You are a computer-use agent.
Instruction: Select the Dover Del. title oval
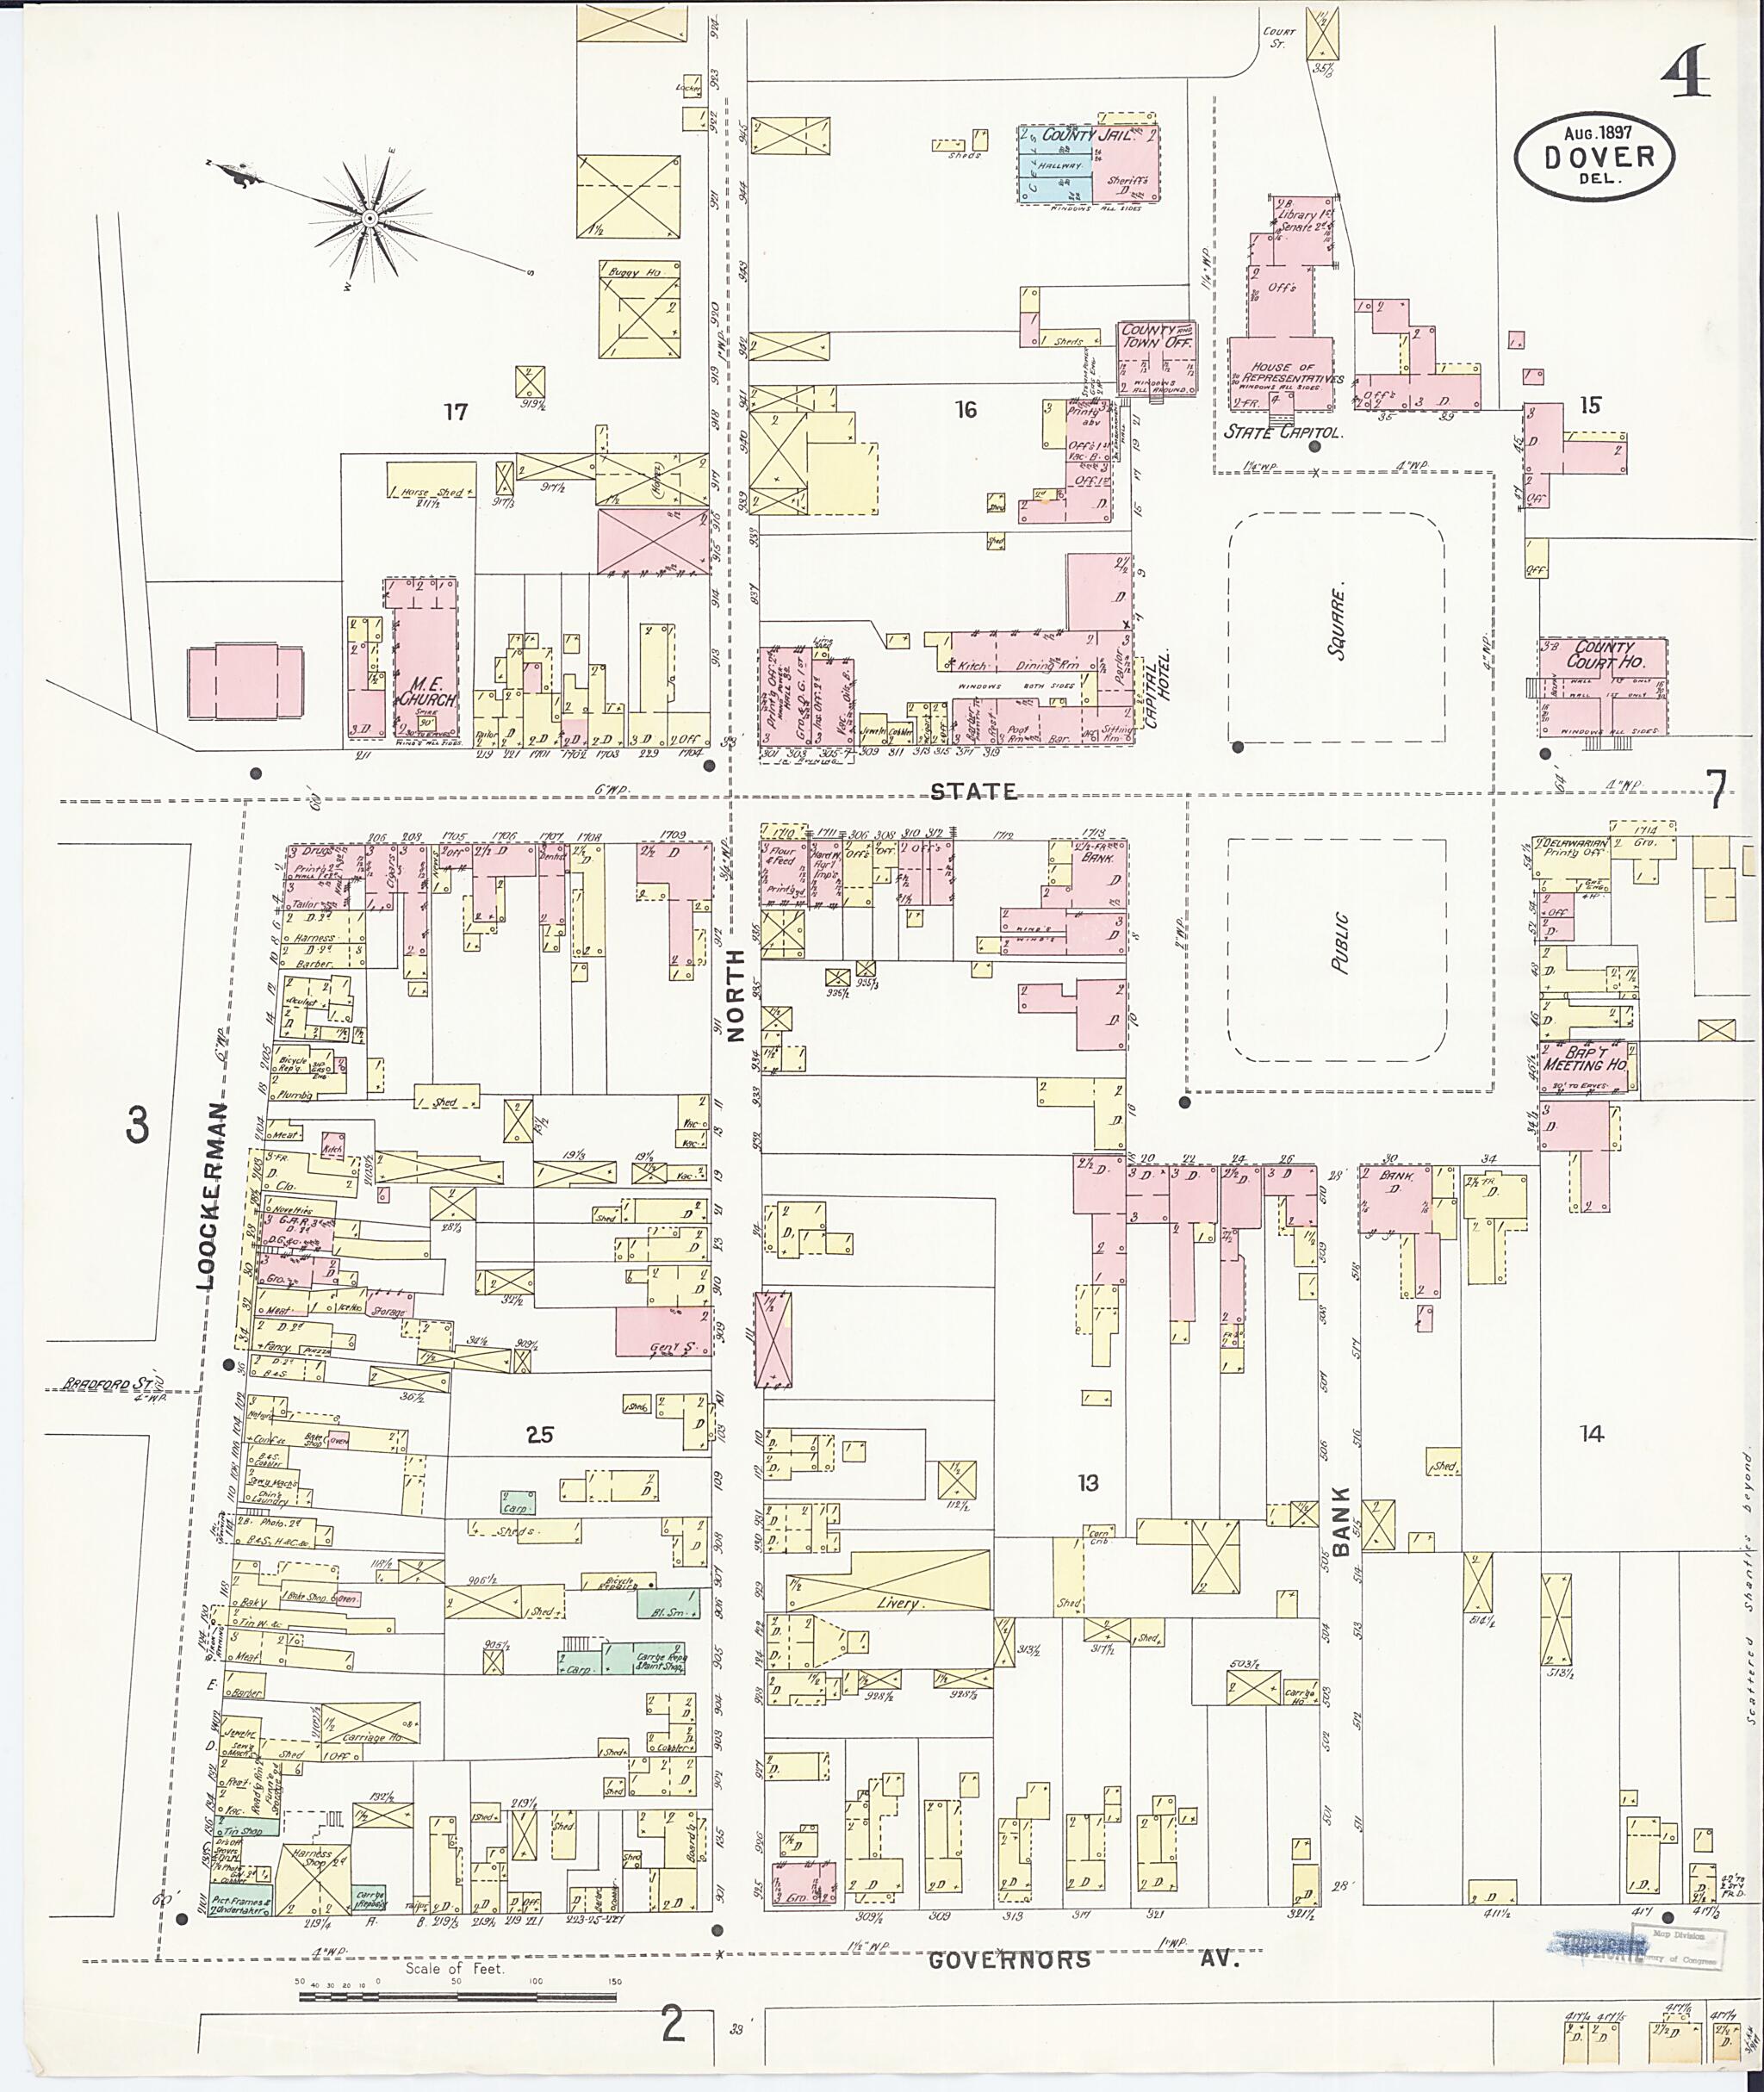(x=1594, y=156)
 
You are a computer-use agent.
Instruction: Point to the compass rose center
(x=369, y=217)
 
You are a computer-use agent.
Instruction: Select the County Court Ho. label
(x=1604, y=655)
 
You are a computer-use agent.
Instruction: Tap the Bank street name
(x=1341, y=1520)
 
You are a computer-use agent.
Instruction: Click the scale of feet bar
(x=457, y=1997)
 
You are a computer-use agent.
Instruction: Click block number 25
(x=540, y=1435)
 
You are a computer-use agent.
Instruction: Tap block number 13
(x=1087, y=1483)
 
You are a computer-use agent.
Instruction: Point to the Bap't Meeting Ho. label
(x=1584, y=1058)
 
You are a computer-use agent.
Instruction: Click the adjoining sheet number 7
(x=1716, y=789)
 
